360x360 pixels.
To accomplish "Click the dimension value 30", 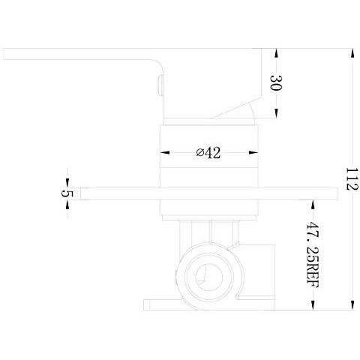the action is click(x=276, y=82).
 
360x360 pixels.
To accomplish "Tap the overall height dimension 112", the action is click(x=352, y=179).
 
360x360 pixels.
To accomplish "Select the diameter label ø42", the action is click(x=208, y=153).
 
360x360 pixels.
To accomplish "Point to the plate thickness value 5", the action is click(x=67, y=193).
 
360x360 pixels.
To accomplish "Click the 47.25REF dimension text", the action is click(x=313, y=255).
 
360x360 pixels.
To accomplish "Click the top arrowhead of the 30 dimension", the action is click(x=276, y=53).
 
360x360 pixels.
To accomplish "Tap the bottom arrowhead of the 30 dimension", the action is click(x=276, y=113).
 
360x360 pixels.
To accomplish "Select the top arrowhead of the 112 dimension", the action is click(x=352, y=53).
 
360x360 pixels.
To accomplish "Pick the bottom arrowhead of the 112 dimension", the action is click(x=352, y=305).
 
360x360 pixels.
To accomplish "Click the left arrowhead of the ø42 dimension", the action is click(x=165, y=152).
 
